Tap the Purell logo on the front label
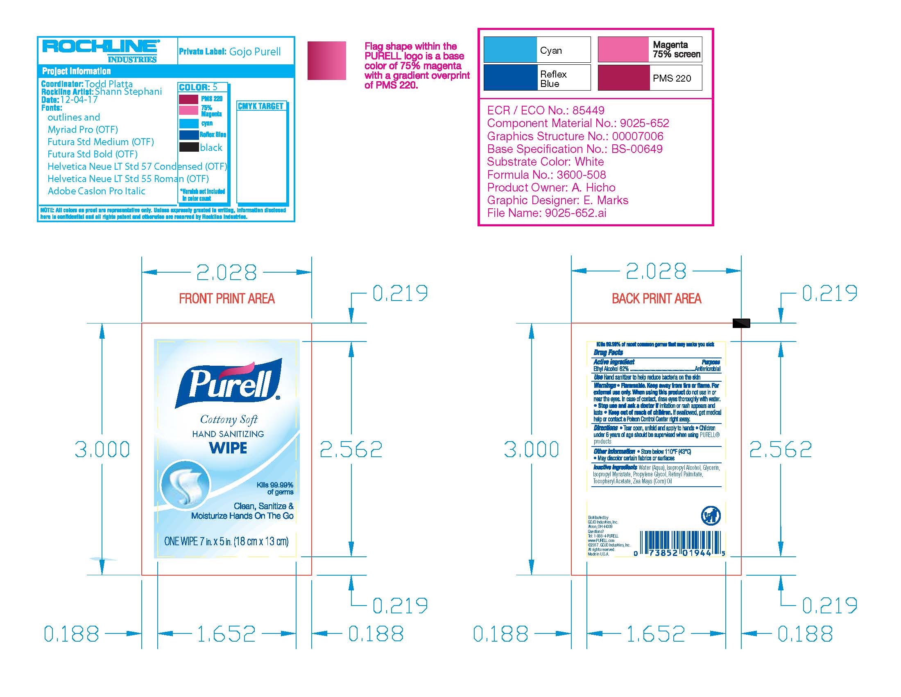(x=228, y=384)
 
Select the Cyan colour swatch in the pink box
(x=510, y=50)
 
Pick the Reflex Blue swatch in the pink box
(x=510, y=77)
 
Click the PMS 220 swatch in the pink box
(x=623, y=77)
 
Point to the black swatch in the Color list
(x=189, y=147)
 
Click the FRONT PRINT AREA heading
(x=226, y=298)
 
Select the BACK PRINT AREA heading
(x=657, y=298)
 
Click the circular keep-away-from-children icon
(x=711, y=516)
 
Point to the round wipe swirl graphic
(x=185, y=484)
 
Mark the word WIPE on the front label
(x=228, y=448)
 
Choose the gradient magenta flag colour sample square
(x=326, y=61)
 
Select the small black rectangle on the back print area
(x=741, y=323)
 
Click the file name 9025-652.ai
(x=575, y=213)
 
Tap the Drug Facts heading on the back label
(x=608, y=352)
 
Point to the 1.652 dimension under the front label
(x=226, y=634)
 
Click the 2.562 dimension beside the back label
(x=781, y=449)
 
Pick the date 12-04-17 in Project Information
(x=79, y=100)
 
